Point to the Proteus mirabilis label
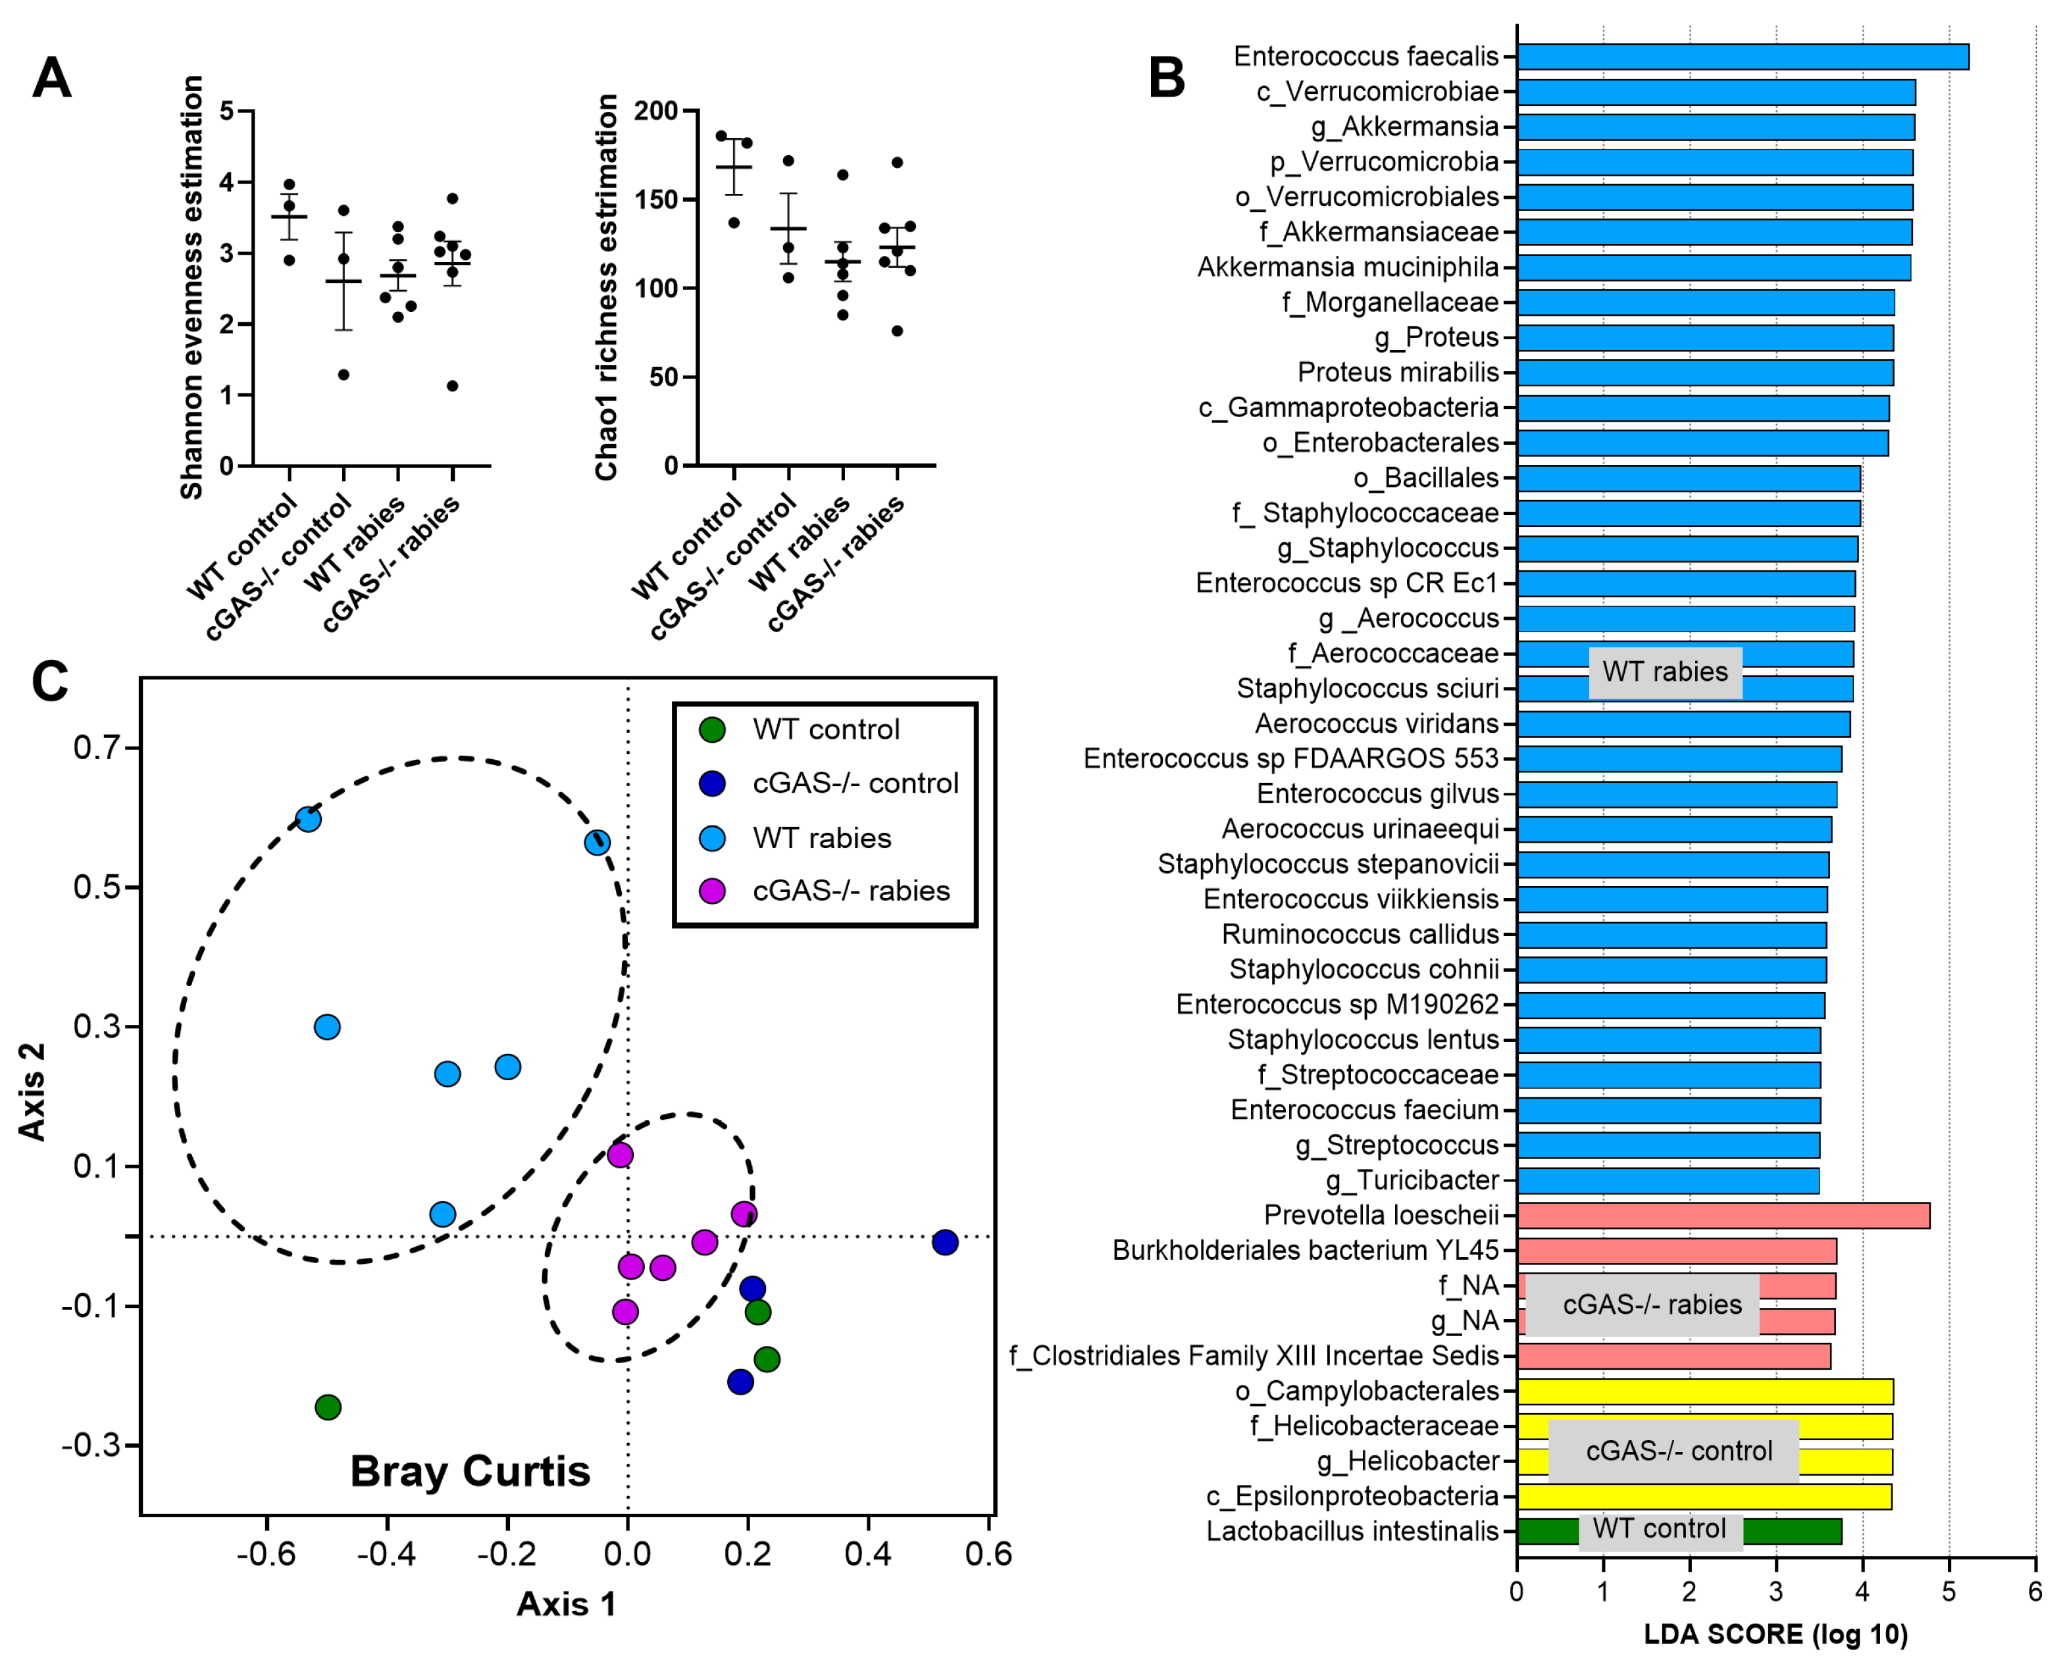click(x=1397, y=372)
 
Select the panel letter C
click(x=50, y=682)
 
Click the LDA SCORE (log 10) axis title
click(x=1774, y=1634)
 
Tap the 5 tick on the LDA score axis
click(x=1948, y=1592)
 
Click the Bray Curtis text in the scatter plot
click(x=470, y=1472)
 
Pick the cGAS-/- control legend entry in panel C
click(x=828, y=784)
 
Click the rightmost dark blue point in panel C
click(x=944, y=1243)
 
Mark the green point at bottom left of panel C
click(x=328, y=1407)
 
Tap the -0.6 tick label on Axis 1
click(x=266, y=1553)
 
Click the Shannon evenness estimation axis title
click(x=191, y=287)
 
